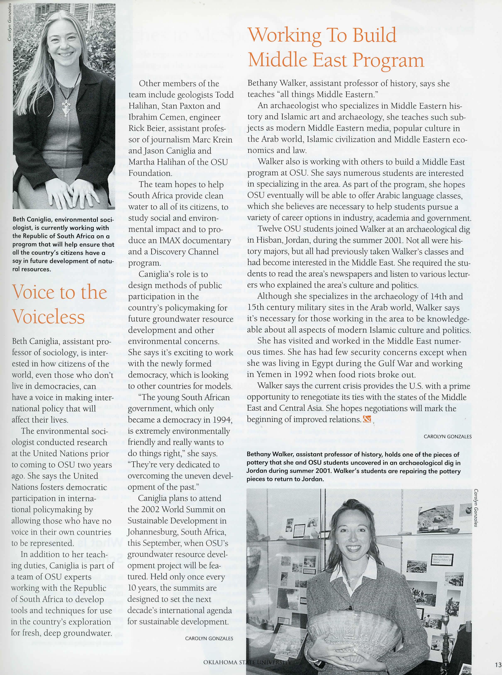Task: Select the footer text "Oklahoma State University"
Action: tap(247, 662)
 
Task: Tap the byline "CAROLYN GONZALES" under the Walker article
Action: tap(448, 437)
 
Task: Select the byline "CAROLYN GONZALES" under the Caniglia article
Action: tap(209, 639)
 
